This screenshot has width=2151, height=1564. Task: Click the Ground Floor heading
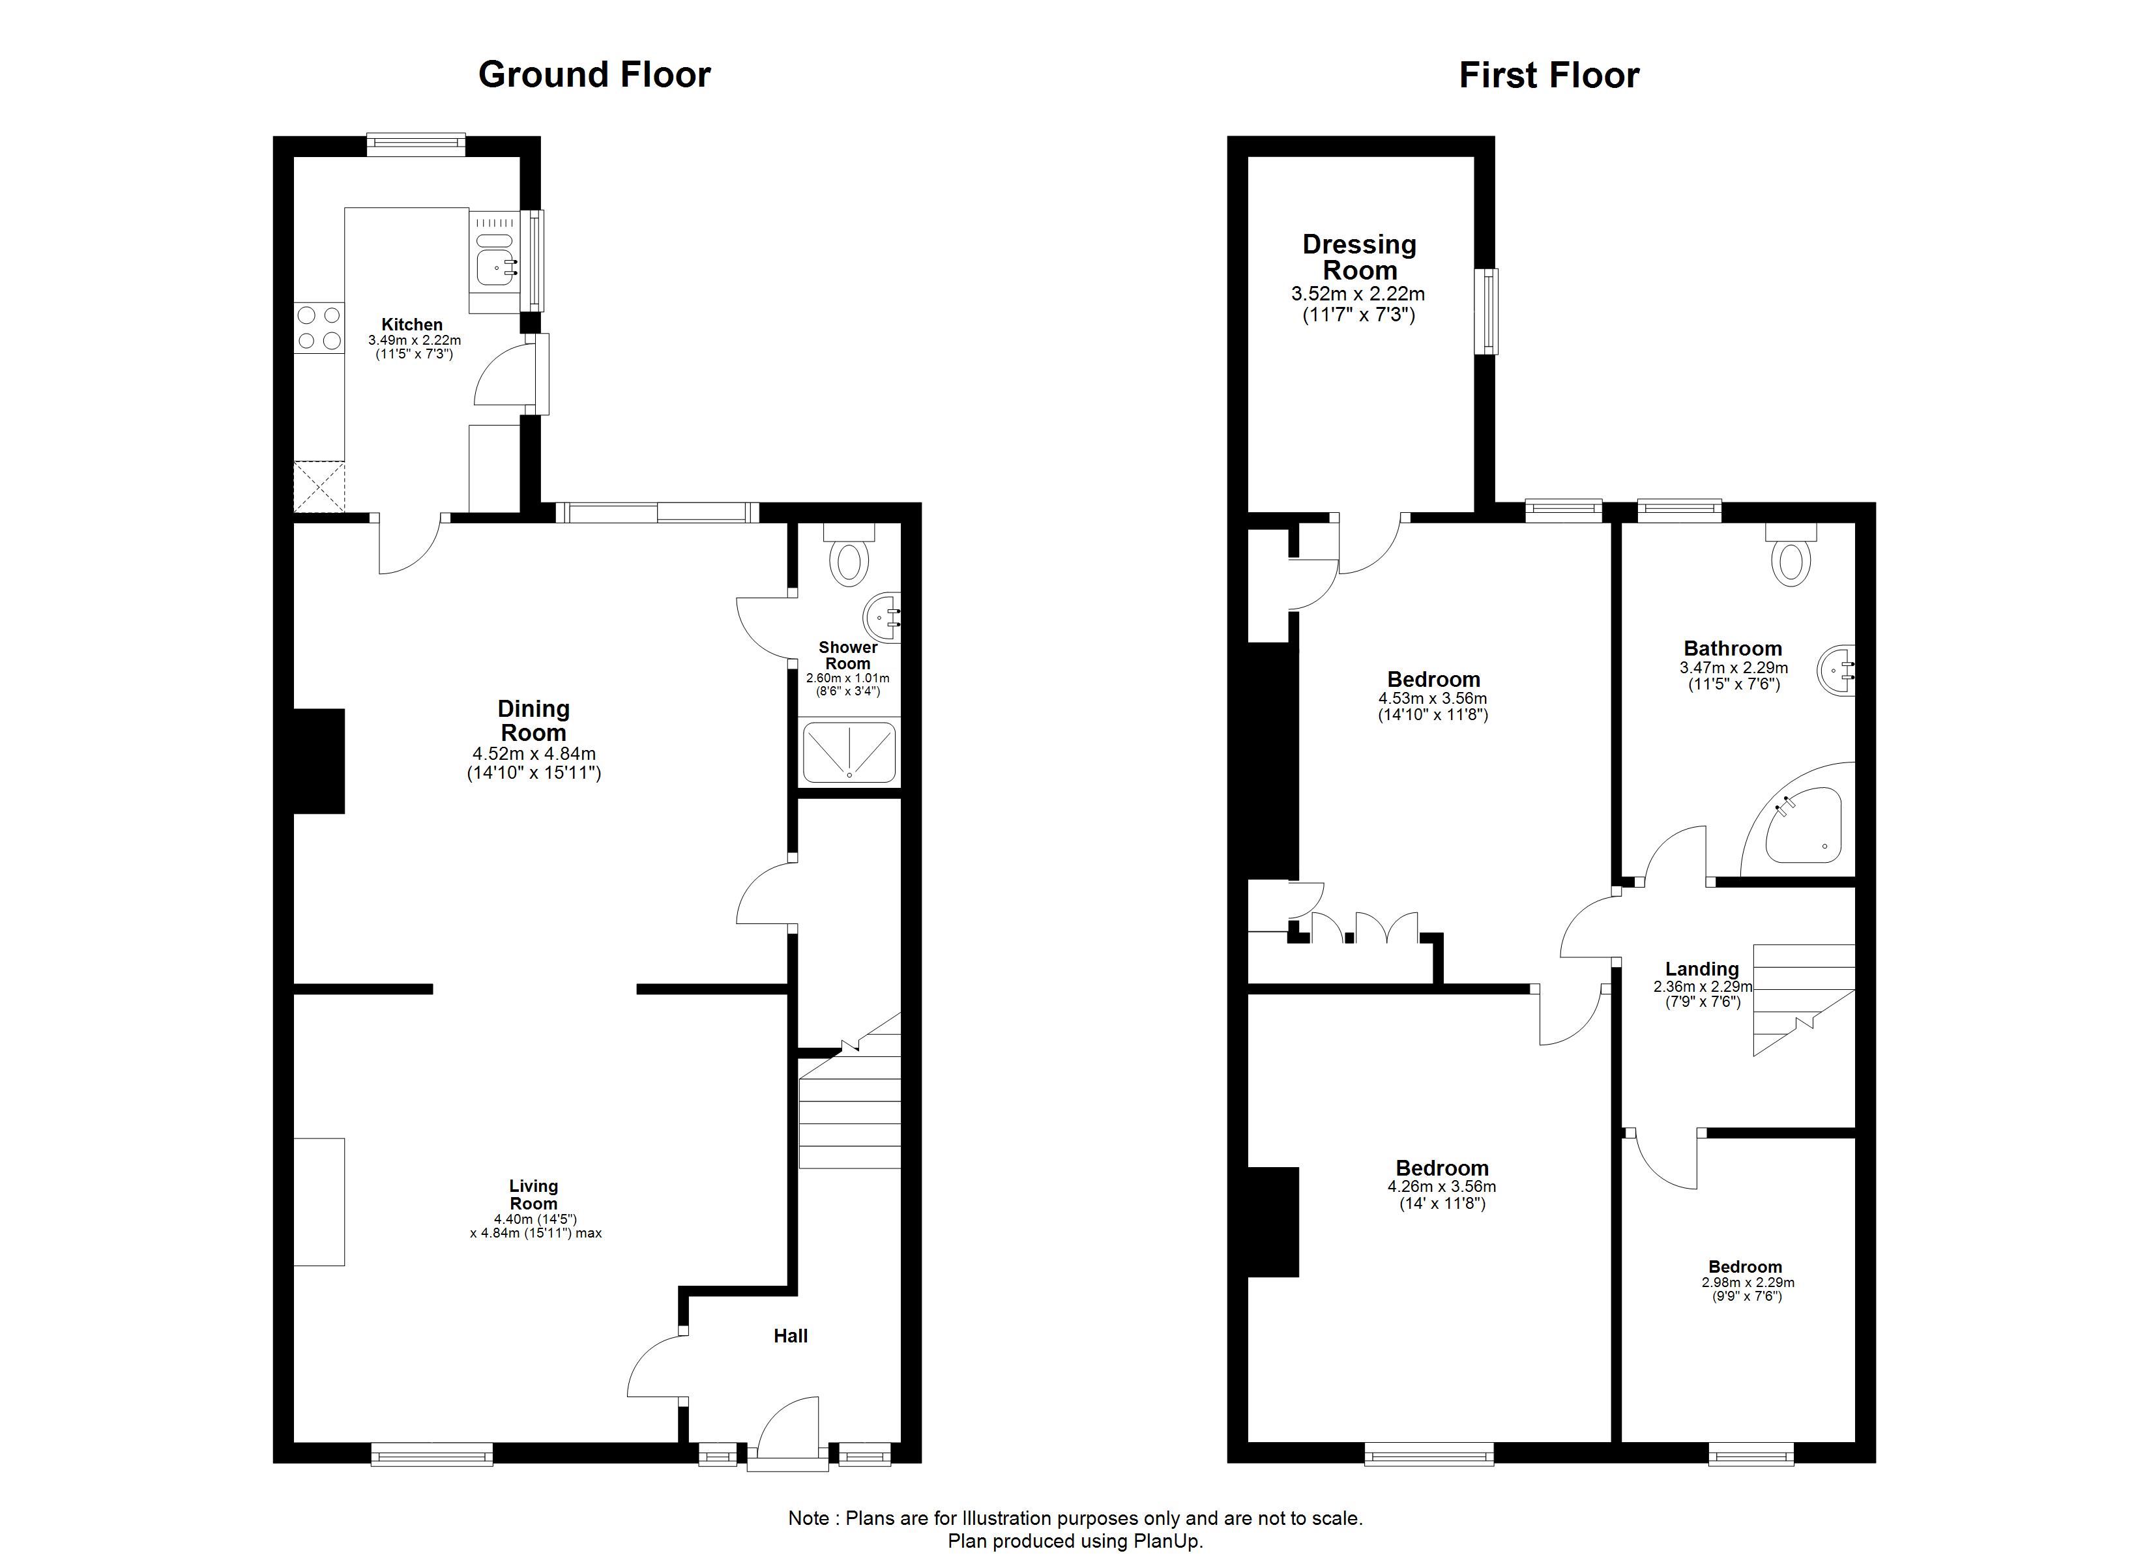(x=594, y=75)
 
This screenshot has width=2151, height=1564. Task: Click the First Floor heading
(x=1549, y=76)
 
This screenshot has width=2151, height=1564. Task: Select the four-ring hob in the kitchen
(x=319, y=327)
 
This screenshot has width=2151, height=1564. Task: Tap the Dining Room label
(x=533, y=721)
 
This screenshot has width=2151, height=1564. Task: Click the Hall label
(x=790, y=1337)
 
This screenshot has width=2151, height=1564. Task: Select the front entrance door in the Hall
(x=788, y=1433)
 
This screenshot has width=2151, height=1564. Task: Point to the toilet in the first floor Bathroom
(x=1790, y=554)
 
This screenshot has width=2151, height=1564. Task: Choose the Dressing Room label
(x=1359, y=257)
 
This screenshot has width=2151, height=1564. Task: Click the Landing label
(x=1703, y=969)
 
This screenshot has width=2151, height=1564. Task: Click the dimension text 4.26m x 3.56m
(x=1442, y=1187)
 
